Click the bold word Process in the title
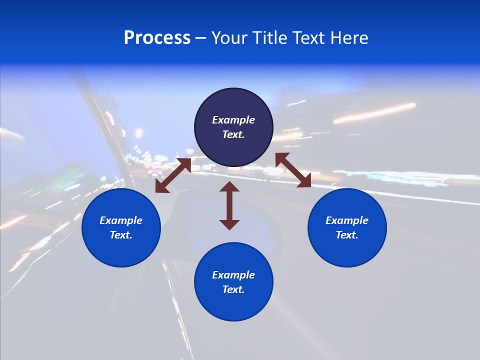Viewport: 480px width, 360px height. (157, 38)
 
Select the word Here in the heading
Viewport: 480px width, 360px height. (350, 38)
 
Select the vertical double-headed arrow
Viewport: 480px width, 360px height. (229, 205)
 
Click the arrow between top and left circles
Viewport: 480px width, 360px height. (173, 175)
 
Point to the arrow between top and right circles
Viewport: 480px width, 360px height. (293, 170)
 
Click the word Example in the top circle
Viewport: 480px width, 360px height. (233, 120)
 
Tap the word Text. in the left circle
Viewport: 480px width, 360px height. (121, 235)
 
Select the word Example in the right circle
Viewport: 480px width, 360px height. (347, 220)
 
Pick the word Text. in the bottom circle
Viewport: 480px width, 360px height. (233, 289)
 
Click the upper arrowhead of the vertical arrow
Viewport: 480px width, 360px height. (229, 187)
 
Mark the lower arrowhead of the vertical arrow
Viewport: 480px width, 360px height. (229, 224)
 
